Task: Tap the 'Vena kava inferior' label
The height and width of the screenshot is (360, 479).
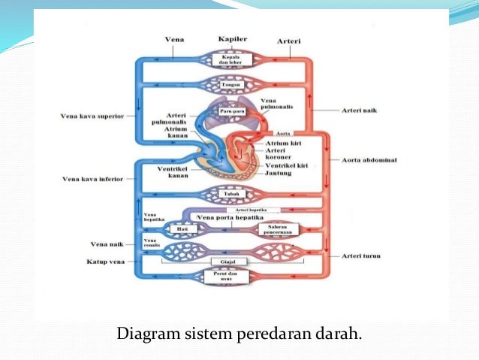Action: [92, 179]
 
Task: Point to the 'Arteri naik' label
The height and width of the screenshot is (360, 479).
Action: [358, 110]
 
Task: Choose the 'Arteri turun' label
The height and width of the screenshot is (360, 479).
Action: [361, 256]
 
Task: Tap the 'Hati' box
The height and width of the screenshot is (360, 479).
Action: [181, 228]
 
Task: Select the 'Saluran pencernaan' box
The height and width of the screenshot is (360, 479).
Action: [274, 228]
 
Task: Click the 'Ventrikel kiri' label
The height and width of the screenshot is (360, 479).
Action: [286, 165]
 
